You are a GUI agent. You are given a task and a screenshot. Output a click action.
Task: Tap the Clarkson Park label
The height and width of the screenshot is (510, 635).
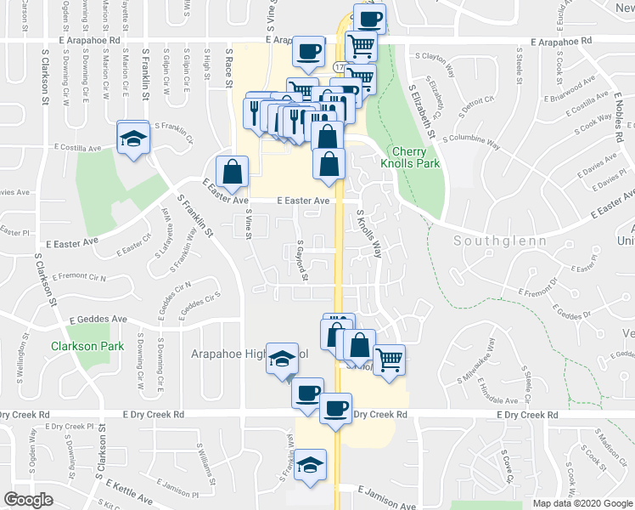click(87, 346)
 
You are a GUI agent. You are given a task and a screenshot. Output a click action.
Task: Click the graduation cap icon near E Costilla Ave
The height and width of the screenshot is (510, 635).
click(133, 139)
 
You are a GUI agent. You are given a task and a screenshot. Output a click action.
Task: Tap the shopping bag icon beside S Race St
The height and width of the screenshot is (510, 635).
click(232, 173)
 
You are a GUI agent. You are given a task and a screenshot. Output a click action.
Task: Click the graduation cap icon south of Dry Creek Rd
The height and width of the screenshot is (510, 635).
click(311, 467)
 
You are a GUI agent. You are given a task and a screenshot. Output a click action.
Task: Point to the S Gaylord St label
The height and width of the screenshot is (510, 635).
click(301, 259)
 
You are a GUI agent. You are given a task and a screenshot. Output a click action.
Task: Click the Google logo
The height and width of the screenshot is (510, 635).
click(28, 500)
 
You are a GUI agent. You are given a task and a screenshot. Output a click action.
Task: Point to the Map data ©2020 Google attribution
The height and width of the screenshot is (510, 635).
click(582, 503)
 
